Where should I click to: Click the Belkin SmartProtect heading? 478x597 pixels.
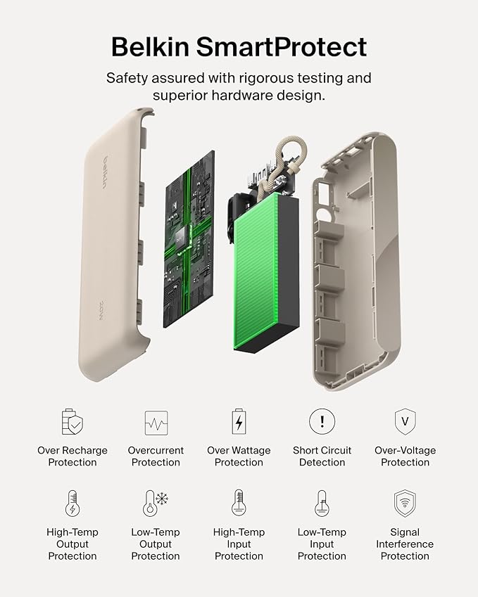click(x=239, y=46)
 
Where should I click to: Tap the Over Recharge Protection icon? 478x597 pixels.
click(x=73, y=422)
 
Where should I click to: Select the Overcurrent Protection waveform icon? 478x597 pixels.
click(x=156, y=423)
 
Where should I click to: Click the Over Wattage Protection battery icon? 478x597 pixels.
click(x=239, y=422)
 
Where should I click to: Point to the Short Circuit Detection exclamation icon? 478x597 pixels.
click(x=322, y=422)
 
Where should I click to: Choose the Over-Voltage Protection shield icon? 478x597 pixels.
click(x=405, y=422)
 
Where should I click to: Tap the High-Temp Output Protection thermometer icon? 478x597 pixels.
click(x=73, y=504)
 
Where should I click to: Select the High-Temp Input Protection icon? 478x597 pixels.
click(x=239, y=503)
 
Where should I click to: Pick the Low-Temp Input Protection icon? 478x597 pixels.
click(x=322, y=503)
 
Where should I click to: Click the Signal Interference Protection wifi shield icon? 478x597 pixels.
click(x=405, y=503)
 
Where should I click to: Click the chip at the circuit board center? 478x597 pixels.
click(x=182, y=238)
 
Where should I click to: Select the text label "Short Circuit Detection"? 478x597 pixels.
click(x=322, y=456)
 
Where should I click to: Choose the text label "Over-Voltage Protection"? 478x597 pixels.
click(x=405, y=456)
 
